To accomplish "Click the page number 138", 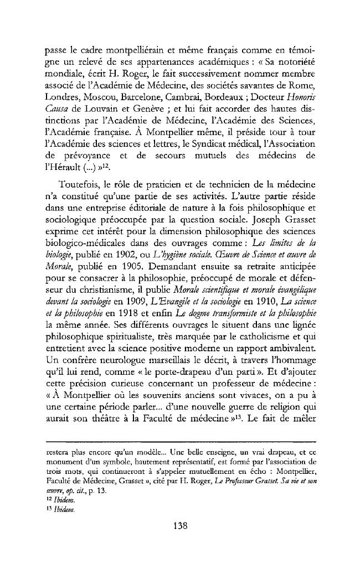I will click(x=179, y=526).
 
